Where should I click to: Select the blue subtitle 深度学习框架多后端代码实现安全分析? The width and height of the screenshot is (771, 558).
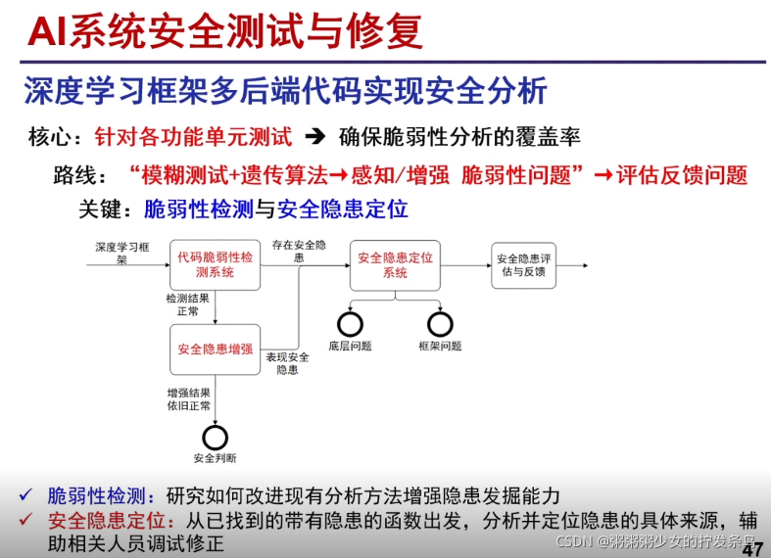click(x=285, y=91)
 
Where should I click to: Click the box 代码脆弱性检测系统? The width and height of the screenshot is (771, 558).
click(x=215, y=264)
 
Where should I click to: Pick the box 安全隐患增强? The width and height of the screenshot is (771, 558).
click(x=215, y=349)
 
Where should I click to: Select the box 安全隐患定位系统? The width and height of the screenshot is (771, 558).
click(x=395, y=264)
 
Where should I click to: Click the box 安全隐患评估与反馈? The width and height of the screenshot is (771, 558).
click(x=523, y=264)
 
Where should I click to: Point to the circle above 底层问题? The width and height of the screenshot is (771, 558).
click(x=350, y=323)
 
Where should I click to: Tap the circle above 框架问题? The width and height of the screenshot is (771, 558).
click(x=440, y=323)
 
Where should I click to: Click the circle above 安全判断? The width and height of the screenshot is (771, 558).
click(x=215, y=437)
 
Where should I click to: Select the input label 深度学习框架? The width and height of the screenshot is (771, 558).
click(x=120, y=254)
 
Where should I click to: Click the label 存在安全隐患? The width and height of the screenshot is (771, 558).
click(x=299, y=251)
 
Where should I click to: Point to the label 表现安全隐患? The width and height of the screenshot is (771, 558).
click(x=287, y=363)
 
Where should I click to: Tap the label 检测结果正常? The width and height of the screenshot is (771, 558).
click(x=187, y=304)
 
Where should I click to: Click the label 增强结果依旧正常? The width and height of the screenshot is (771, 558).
click(x=187, y=398)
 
